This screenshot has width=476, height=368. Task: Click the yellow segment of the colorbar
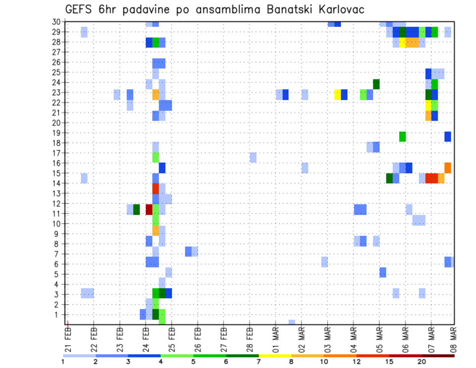[275, 355]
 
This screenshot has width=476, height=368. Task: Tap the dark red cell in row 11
[149, 209]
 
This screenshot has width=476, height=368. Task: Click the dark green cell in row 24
[376, 84]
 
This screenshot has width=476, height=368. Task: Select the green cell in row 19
[402, 136]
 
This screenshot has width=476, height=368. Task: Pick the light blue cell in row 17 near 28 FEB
[253, 157]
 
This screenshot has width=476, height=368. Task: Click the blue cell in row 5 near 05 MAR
[383, 272]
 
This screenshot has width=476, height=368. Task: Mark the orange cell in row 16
[448, 168]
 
